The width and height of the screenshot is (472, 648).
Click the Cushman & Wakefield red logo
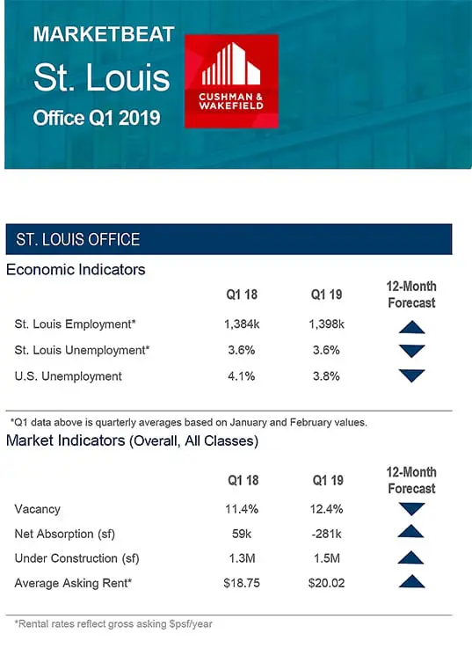point(231,82)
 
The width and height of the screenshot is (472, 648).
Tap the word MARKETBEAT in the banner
point(104,34)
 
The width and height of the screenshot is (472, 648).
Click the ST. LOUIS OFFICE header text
point(78,240)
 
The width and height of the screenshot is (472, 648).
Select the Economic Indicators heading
point(76,270)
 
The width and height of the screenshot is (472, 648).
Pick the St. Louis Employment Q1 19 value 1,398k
point(326,324)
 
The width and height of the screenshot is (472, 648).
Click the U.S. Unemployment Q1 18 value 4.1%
point(242,376)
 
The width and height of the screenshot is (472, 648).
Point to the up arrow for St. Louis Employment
point(411,327)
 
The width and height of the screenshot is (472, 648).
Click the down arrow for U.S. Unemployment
point(411,375)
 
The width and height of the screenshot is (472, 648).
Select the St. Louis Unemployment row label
point(82,351)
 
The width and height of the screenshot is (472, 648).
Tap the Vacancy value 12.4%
point(326,509)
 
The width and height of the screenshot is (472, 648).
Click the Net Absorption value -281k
point(326,534)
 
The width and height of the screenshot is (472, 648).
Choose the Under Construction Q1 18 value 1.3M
point(243,558)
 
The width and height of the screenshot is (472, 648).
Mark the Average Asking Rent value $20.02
point(326,583)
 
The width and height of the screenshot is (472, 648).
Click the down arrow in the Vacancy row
point(411,509)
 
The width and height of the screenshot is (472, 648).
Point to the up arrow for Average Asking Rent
point(411,581)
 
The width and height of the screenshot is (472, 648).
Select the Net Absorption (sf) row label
point(64,534)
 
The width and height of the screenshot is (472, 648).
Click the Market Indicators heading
point(132,441)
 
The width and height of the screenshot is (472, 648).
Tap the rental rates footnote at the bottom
point(113,624)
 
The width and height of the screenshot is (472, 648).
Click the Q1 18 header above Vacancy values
point(243,480)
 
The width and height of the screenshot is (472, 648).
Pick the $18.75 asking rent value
point(242,583)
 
